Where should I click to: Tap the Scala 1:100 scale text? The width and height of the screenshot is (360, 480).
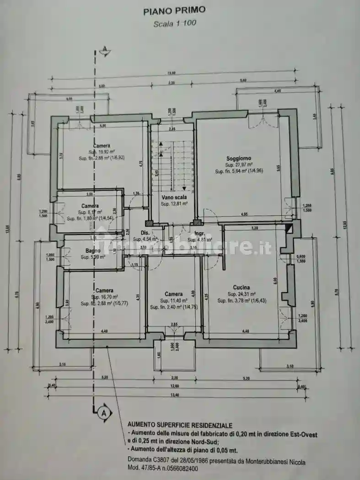point(174,23)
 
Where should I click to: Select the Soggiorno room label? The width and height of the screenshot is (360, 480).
point(239,159)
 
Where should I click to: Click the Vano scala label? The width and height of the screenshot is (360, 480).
point(173,197)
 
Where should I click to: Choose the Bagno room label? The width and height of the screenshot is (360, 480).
point(93,251)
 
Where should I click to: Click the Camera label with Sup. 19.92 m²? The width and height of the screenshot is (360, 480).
point(102,146)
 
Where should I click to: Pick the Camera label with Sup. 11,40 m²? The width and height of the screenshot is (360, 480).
point(174,294)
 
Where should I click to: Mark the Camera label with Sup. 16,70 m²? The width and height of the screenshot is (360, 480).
point(104,291)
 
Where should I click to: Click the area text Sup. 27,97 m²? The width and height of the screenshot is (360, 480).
point(239,165)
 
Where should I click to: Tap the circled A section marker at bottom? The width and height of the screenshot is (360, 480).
point(104,413)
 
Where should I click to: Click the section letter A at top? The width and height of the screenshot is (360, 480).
point(105,48)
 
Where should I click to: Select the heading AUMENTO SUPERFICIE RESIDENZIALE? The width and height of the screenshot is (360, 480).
point(180,425)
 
